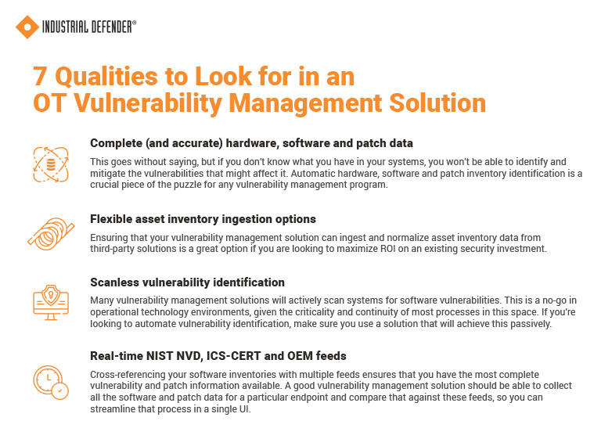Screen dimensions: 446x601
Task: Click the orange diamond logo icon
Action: tap(27, 27)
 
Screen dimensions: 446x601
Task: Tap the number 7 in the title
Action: tap(40, 77)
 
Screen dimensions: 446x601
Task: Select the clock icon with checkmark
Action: tap(51, 379)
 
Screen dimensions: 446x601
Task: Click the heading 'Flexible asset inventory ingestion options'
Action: tap(203, 219)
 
